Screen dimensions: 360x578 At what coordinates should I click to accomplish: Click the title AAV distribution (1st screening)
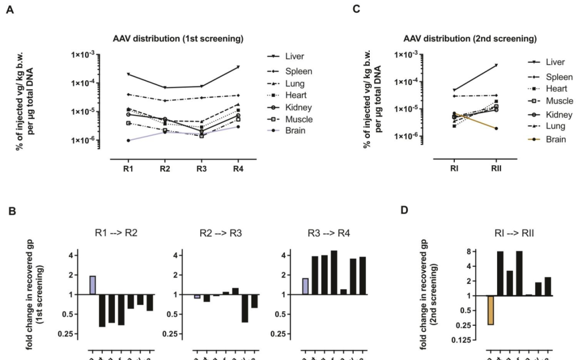pyautogui.click(x=179, y=39)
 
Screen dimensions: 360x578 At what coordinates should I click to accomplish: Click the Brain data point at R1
pyautogui.click(x=128, y=140)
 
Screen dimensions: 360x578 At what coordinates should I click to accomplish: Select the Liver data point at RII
pyautogui.click(x=496, y=65)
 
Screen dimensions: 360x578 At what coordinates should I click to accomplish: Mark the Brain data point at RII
pyautogui.click(x=496, y=128)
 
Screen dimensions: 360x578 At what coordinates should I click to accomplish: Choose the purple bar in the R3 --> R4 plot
pyautogui.click(x=305, y=286)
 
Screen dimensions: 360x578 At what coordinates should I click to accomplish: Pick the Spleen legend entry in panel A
pyautogui.click(x=299, y=71)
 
